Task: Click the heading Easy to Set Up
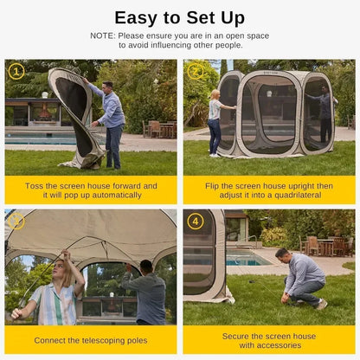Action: pos(180,16)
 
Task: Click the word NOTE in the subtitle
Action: pos(104,35)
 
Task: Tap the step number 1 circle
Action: pos(15,71)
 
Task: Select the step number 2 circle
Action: pos(195,71)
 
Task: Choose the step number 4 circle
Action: pos(195,222)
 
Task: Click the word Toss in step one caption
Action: pos(35,185)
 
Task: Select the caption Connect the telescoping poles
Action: pos(90,339)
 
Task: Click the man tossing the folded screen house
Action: pos(111,121)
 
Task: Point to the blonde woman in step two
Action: pos(213,121)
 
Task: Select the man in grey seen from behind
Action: pos(148,294)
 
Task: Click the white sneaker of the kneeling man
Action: pos(322,304)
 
